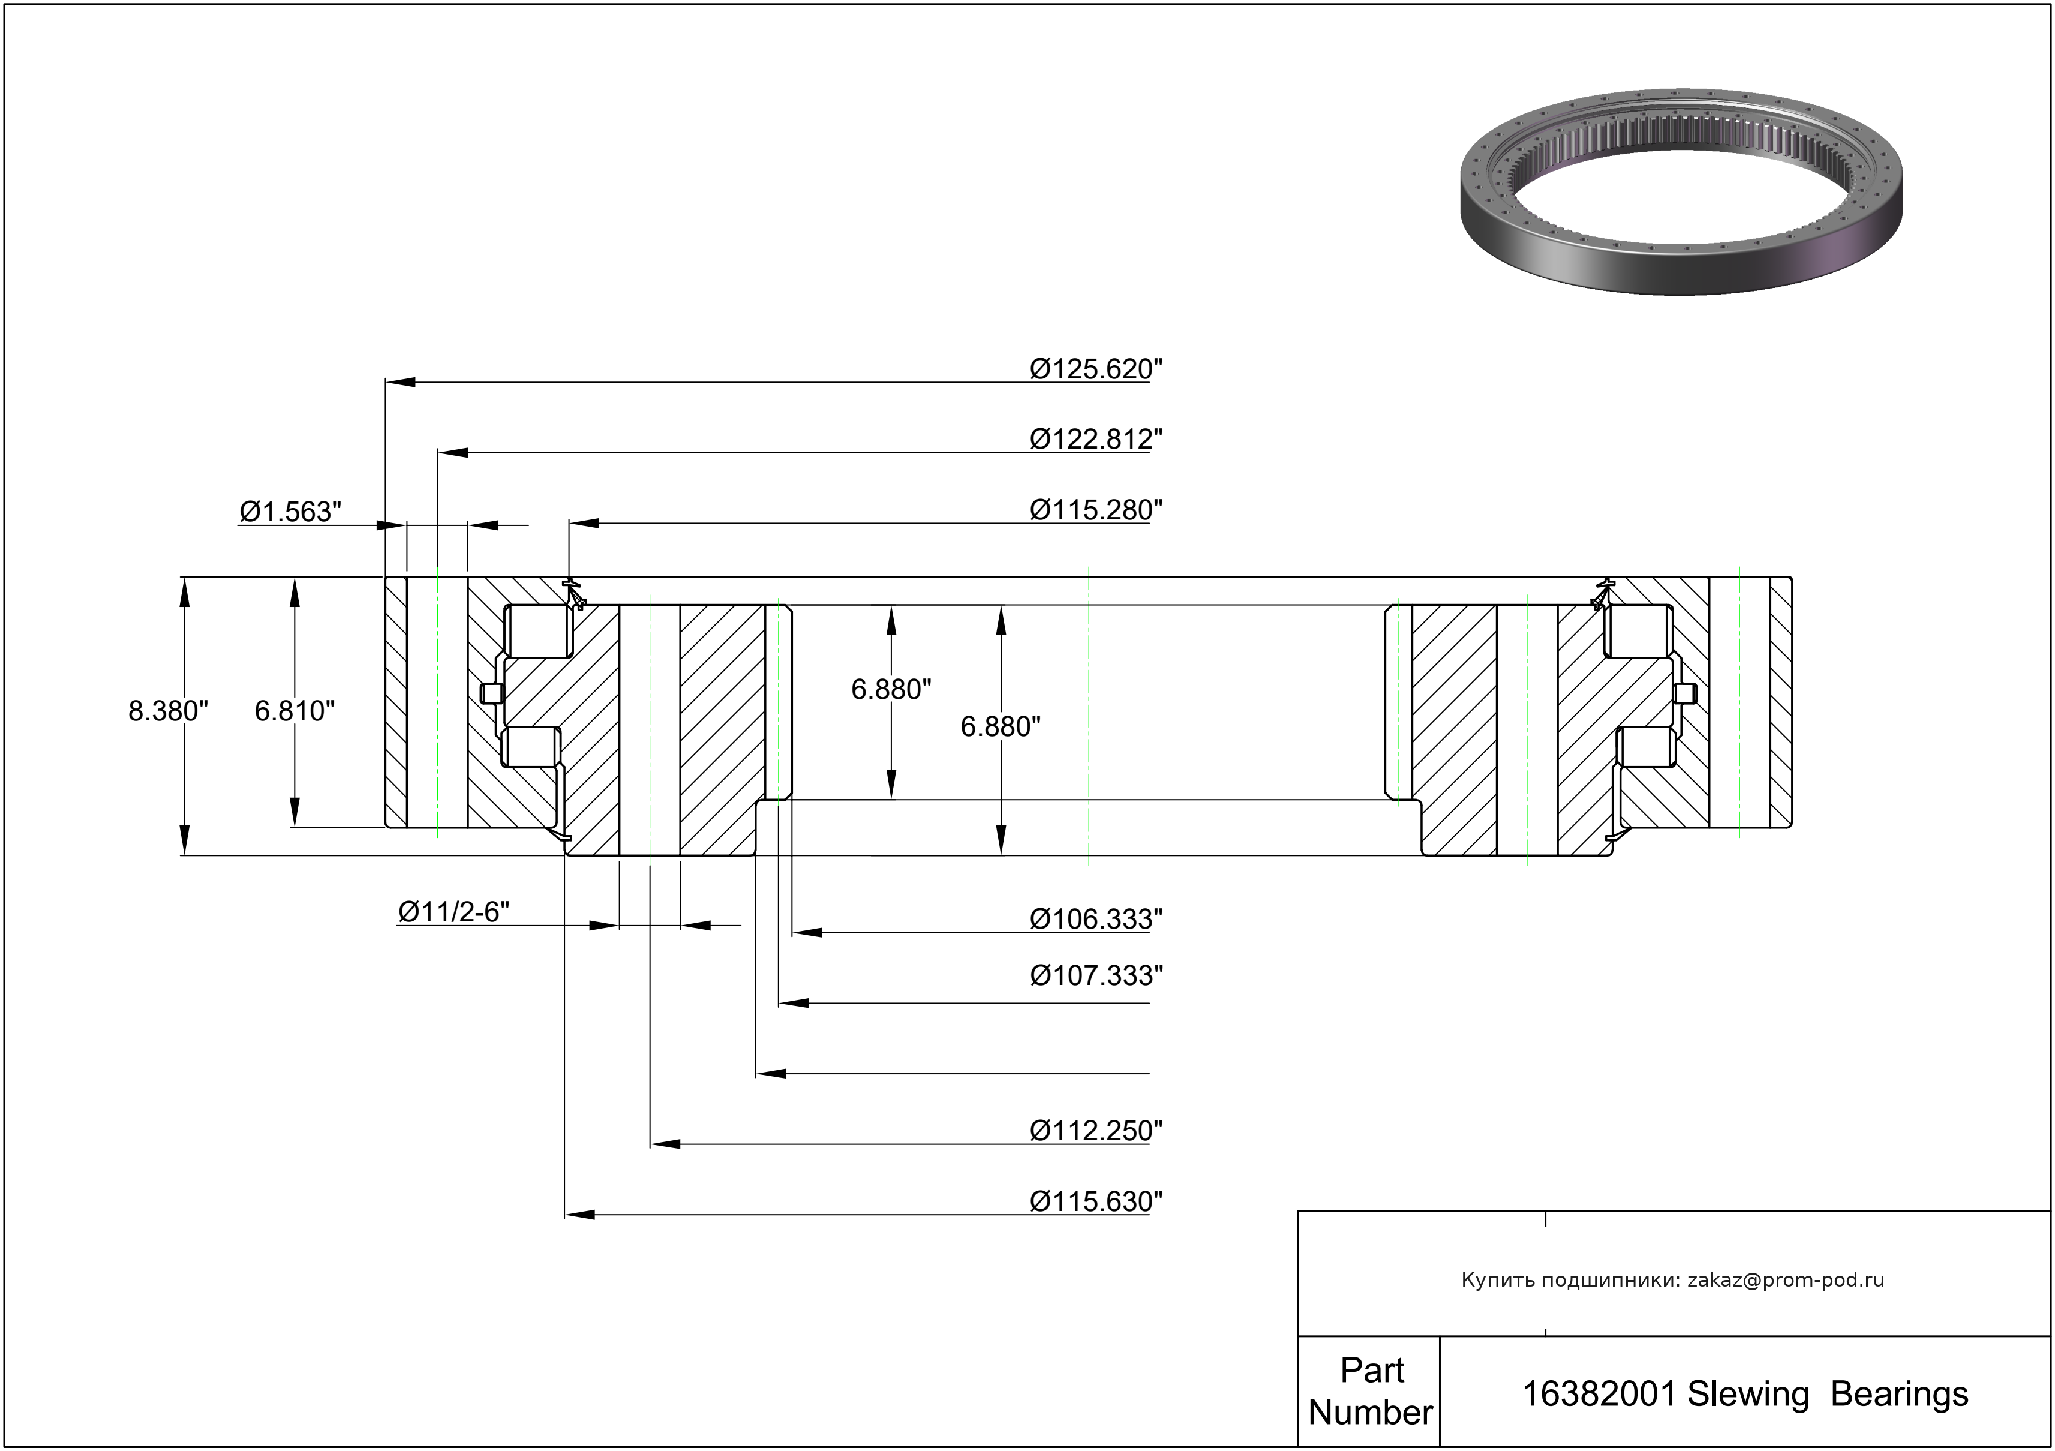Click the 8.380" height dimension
coord(169,711)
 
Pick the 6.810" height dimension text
coord(295,711)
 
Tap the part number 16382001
coord(1599,1393)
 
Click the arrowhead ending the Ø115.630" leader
coord(580,1215)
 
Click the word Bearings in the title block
coord(1899,1393)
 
